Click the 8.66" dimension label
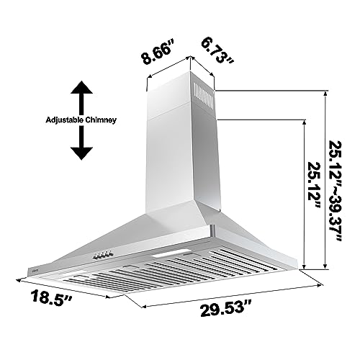(x=158, y=54)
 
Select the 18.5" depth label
(x=44, y=297)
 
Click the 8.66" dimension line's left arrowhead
(x=148, y=90)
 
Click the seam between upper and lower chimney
(x=180, y=115)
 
